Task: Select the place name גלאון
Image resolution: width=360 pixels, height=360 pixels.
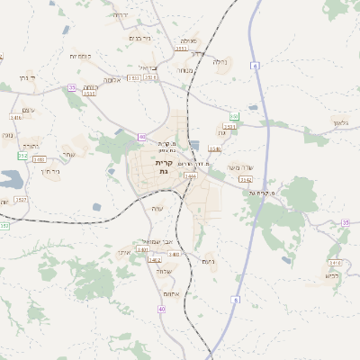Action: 339,122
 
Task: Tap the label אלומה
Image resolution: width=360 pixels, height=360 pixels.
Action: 112,79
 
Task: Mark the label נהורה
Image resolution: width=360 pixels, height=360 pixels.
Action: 31,146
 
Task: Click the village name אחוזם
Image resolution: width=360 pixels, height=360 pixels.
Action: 175,294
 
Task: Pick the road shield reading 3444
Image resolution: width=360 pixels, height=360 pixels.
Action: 190,176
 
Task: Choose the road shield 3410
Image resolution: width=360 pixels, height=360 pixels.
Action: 335,262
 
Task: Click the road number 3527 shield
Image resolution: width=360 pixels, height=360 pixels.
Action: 21,199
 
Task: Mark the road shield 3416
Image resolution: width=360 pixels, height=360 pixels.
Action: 16,118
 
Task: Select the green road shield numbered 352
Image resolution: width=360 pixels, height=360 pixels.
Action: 22,156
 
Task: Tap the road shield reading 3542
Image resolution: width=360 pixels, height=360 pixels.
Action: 245,180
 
